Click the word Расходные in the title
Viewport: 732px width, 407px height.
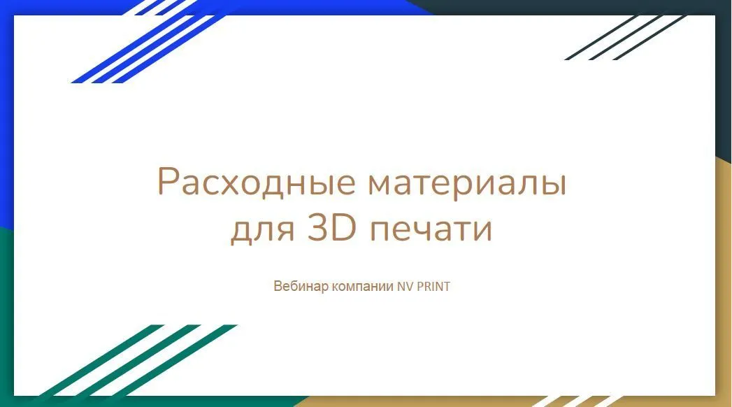pyautogui.click(x=255, y=183)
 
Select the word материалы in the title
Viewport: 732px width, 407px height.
pyautogui.click(x=466, y=183)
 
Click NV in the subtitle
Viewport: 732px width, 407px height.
pyautogui.click(x=406, y=287)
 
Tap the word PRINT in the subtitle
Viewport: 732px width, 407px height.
pyautogui.click(x=433, y=287)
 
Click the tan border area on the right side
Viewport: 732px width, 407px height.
pyautogui.click(x=724, y=280)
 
